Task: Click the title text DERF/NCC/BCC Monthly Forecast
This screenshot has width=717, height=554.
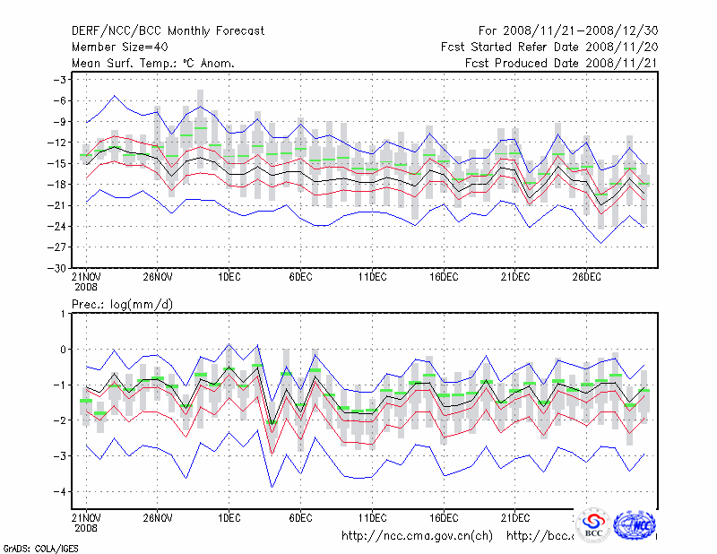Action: (x=168, y=30)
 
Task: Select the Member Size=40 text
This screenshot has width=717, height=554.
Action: (x=123, y=47)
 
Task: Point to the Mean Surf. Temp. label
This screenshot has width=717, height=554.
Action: (x=153, y=63)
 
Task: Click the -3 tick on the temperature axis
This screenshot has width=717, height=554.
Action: (x=61, y=80)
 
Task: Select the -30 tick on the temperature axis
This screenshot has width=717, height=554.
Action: (x=57, y=268)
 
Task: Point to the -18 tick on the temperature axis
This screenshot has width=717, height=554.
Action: (x=57, y=184)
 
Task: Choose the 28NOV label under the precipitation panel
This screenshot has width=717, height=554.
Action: (x=157, y=517)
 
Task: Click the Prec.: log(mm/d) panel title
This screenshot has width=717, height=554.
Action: (x=122, y=305)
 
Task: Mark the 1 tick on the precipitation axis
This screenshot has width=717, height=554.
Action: (x=64, y=314)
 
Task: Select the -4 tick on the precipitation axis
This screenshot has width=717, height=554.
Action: (x=61, y=491)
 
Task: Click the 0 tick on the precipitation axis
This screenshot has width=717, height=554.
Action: (x=64, y=350)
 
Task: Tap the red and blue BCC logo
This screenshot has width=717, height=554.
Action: (x=593, y=526)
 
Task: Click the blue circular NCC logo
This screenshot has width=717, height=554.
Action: (x=636, y=526)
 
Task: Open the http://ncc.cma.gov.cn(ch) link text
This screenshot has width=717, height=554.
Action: (x=418, y=536)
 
